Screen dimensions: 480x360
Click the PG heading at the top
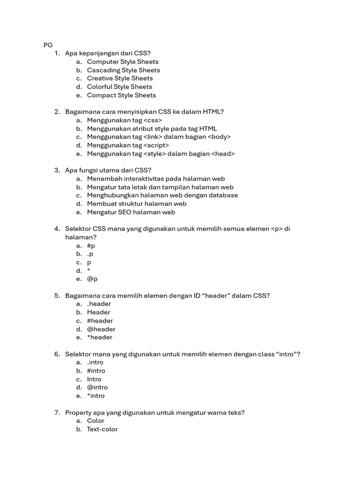tap(48, 45)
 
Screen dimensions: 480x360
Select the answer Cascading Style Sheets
tap(123, 70)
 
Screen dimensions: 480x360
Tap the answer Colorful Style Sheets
tap(120, 87)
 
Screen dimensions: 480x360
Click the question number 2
tap(57, 112)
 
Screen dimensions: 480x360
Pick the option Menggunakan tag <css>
tap(124, 120)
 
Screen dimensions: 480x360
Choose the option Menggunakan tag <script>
tap(128, 145)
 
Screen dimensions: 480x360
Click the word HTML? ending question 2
tap(213, 112)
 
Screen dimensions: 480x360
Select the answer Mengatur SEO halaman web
tap(131, 212)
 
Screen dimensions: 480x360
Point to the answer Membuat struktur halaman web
tap(136, 204)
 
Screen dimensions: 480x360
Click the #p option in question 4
tap(91, 246)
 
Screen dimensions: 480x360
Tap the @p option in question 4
tap(92, 279)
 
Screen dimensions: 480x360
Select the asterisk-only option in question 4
tap(89, 271)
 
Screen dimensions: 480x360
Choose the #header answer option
tap(100, 321)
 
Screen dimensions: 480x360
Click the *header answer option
tap(99, 337)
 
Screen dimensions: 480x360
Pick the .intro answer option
tap(95, 362)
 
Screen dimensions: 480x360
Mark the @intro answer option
tap(97, 387)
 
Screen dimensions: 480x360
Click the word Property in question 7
tap(79, 412)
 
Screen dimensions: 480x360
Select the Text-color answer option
tap(102, 429)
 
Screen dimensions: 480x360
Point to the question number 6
tap(57, 354)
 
